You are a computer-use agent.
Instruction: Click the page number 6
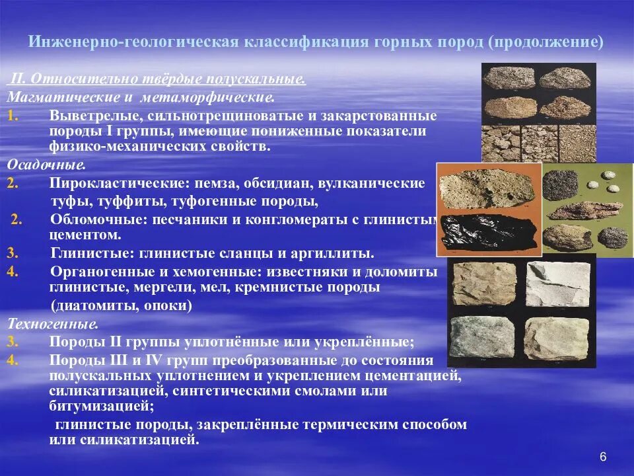[x=602, y=457]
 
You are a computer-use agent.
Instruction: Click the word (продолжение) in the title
[x=546, y=42]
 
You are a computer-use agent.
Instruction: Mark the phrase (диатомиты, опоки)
[x=122, y=306]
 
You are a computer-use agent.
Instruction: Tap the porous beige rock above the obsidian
[x=487, y=188]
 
